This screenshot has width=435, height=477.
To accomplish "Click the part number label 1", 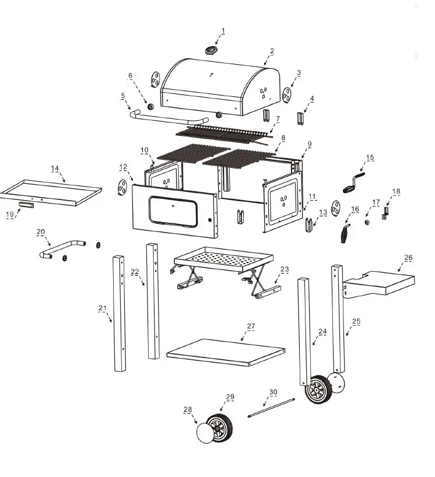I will [222, 31].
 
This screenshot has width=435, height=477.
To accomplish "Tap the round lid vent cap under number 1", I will [211, 51].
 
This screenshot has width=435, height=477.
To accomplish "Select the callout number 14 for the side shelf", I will [55, 169].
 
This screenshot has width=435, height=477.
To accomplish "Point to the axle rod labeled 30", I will [271, 408].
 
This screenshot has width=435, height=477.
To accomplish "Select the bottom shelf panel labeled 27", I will [226, 352].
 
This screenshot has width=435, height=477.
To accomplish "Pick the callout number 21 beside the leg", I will [103, 308].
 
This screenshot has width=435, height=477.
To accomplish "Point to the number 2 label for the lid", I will [272, 52].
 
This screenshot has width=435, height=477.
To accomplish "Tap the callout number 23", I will [285, 269].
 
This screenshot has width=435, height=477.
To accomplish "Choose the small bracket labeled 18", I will [385, 213].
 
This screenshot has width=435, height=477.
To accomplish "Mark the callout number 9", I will [310, 143].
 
